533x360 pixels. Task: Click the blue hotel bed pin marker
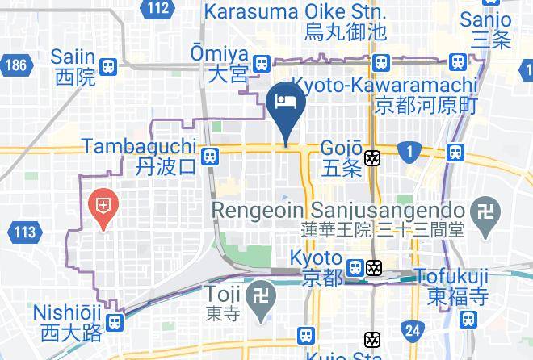point(284,103)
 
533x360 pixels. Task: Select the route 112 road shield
point(159,9)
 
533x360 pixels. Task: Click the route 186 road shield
point(15,65)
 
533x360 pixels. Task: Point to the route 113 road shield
point(25,233)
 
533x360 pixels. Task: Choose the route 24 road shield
point(413,329)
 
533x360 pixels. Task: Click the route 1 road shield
point(410,150)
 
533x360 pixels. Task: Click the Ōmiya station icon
point(260,64)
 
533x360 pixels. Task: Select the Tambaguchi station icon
point(210,155)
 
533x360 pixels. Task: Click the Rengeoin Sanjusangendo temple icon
point(486,209)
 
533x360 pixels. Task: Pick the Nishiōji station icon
point(115,322)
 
